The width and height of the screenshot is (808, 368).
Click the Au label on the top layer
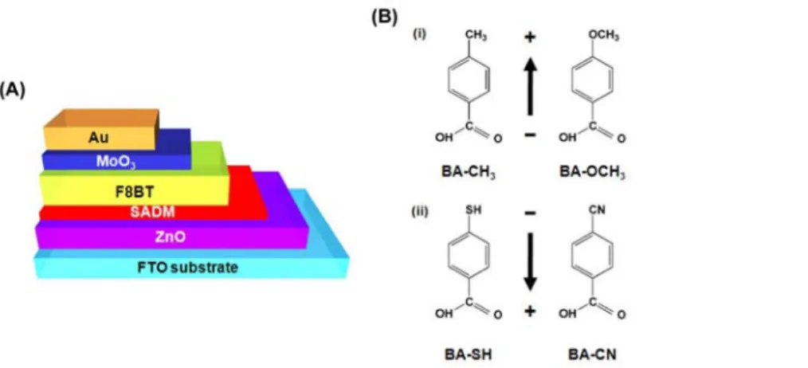coord(99,137)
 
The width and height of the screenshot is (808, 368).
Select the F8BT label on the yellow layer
coord(135,192)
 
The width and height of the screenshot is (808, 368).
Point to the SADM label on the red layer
coord(152,212)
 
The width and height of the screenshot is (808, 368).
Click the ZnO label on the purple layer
coord(170,237)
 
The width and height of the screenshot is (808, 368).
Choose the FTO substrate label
coord(187,268)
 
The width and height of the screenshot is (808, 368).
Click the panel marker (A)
coord(13,91)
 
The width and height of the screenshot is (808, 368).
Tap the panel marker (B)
coord(384,17)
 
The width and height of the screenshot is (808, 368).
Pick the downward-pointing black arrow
coord(530,261)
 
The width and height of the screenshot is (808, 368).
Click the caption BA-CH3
coord(469,171)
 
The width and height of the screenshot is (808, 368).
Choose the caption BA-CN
coord(592,354)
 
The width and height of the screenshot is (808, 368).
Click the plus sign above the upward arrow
coord(530,37)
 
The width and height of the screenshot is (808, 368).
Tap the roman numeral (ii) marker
coord(419,212)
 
